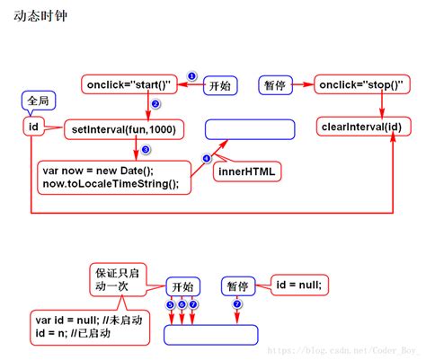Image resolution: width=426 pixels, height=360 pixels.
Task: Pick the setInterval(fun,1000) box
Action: [123, 130]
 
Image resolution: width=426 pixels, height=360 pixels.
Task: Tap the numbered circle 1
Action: [191, 76]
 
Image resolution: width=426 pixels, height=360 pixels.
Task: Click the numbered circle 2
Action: [155, 104]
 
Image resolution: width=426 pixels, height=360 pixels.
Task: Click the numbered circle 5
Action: [171, 304]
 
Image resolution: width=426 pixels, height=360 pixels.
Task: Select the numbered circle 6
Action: [182, 304]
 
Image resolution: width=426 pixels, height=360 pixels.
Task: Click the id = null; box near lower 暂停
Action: [297, 285]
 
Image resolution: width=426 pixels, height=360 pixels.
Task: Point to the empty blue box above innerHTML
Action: [250, 129]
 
